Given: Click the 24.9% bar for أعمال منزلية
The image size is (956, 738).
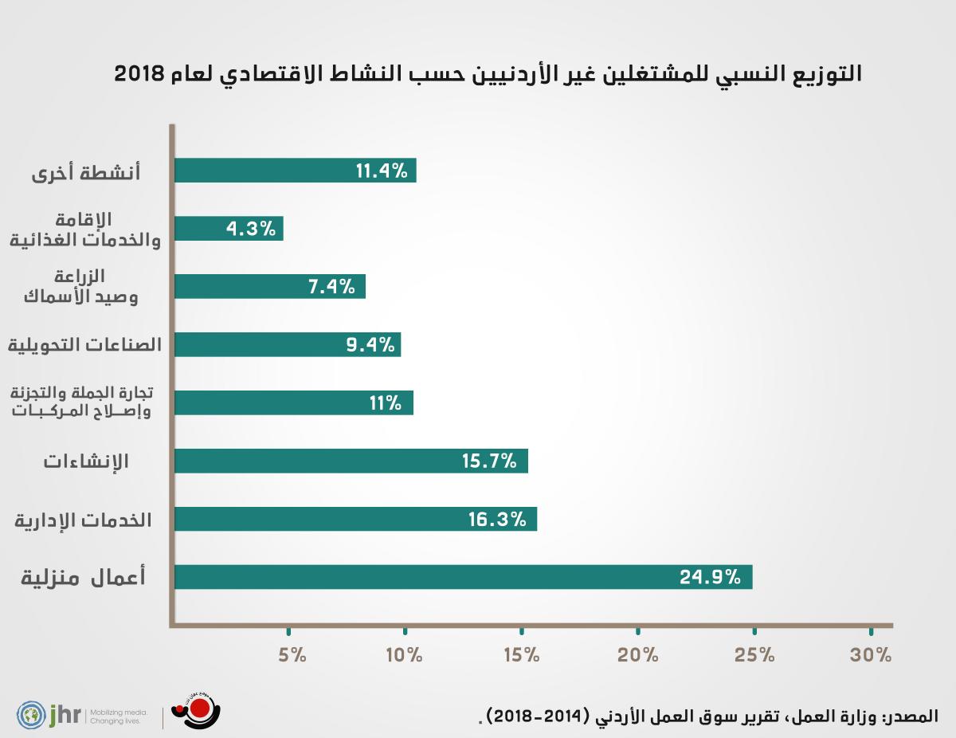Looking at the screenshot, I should (x=462, y=577).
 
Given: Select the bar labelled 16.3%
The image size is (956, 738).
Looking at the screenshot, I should (x=355, y=520).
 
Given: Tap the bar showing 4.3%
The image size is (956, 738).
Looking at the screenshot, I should (x=228, y=230).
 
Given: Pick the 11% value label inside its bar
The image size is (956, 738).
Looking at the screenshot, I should (x=385, y=403).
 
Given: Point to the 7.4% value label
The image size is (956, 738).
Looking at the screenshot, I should (x=331, y=287).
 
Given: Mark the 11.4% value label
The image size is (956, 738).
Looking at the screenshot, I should (x=382, y=171).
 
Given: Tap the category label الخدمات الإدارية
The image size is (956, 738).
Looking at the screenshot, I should (x=84, y=520).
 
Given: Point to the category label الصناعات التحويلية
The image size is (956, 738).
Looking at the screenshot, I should (x=84, y=345).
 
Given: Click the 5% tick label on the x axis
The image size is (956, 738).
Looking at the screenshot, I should (x=292, y=656).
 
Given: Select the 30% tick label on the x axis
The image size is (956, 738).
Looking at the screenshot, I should (x=871, y=656).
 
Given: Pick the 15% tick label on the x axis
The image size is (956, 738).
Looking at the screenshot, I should (x=522, y=656).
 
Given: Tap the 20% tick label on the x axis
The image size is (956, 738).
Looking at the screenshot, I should (x=638, y=656).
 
